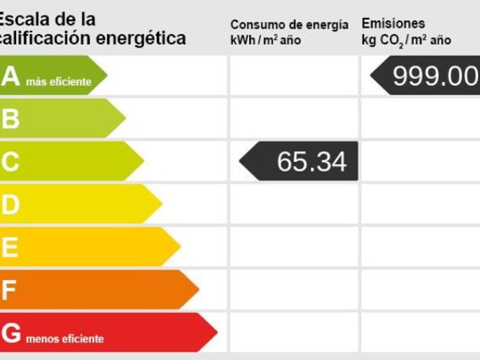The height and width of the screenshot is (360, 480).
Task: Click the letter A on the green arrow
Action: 11,77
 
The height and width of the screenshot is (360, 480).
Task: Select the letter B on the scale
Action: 10,119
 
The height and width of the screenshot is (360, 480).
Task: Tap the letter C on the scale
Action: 10,162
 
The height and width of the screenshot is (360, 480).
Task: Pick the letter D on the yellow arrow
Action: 10,205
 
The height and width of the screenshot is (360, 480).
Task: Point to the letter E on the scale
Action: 10,247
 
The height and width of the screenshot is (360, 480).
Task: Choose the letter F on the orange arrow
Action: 9,290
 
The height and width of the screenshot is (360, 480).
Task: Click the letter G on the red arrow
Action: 11,333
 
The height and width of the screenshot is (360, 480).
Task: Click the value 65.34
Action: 311,162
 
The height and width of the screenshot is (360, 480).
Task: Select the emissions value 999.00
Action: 435,75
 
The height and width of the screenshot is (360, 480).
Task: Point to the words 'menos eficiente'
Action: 65,339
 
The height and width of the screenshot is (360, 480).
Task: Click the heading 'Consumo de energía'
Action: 289,25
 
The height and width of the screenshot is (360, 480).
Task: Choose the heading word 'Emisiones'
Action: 393,24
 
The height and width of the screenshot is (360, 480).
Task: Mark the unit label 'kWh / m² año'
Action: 265,41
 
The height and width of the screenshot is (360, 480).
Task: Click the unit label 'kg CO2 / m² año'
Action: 406,41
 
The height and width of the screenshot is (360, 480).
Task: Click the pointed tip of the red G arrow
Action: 216,332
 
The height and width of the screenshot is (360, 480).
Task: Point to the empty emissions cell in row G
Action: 420,332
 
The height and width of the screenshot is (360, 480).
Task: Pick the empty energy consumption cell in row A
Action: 294,75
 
